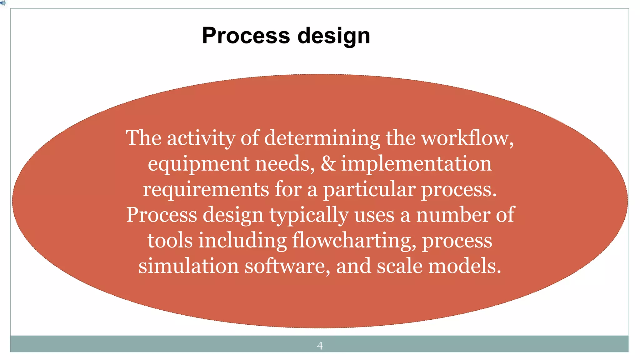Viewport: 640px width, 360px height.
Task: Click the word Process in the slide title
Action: pyautogui.click(x=246, y=35)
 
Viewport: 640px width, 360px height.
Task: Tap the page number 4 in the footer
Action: pyautogui.click(x=320, y=346)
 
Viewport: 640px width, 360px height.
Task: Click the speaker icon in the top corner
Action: pyautogui.click(x=3, y=3)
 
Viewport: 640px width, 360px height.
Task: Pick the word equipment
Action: pyautogui.click(x=199, y=164)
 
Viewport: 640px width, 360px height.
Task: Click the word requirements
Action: pyautogui.click(x=206, y=189)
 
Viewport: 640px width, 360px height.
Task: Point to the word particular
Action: pyautogui.click(x=369, y=189)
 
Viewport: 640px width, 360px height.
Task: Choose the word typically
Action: pyautogui.click(x=309, y=215)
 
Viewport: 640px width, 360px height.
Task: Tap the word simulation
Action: pyautogui.click(x=188, y=266)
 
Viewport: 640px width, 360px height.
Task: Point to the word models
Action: pyautogui.click(x=464, y=266)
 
